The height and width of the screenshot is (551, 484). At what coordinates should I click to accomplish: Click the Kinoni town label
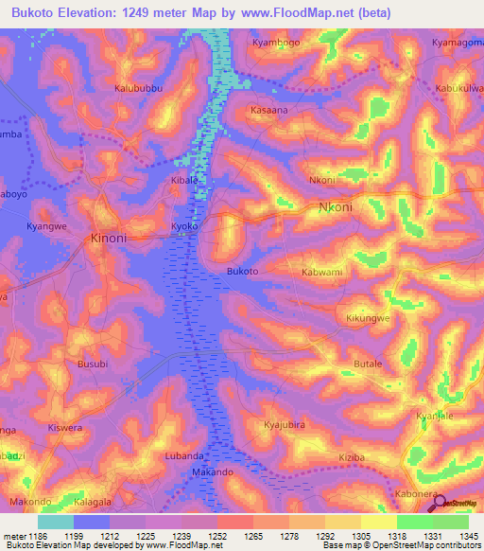tap(108, 239)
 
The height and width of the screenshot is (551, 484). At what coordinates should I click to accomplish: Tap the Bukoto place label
tap(243, 272)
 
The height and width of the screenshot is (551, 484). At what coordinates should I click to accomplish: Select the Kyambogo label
tap(277, 43)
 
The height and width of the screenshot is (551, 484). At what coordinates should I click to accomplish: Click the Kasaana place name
tap(269, 111)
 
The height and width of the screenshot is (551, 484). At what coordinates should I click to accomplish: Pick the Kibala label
tap(185, 179)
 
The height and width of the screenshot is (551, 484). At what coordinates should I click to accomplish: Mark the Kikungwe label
tap(369, 318)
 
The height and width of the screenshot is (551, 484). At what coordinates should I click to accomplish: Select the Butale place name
tap(367, 364)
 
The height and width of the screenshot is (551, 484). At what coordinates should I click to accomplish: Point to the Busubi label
tap(93, 364)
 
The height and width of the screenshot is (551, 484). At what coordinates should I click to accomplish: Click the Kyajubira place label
tap(285, 425)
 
